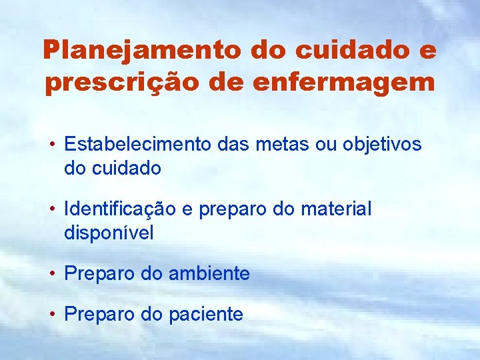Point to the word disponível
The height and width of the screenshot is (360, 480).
pos(109,233)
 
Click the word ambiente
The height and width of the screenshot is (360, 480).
pos(209,273)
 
